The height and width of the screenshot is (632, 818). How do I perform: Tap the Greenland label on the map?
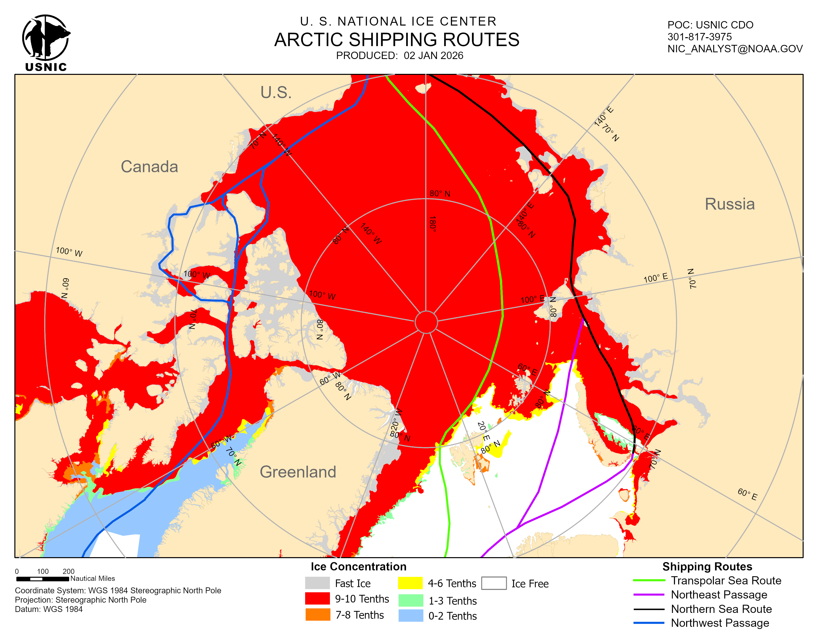coord(298,472)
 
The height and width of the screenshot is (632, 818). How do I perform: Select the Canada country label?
coord(149,167)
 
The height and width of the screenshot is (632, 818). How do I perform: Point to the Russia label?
coord(729,204)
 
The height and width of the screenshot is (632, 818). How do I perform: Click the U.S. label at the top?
coord(276,92)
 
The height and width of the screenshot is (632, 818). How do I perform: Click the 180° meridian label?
coord(433,224)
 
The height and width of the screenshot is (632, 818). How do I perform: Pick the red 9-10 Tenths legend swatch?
coord(317,598)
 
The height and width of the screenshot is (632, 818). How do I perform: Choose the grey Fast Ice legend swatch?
coord(317,583)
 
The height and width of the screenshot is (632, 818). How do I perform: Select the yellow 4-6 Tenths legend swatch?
coord(410,583)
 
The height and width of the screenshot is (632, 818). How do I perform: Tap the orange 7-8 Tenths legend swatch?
coord(317,614)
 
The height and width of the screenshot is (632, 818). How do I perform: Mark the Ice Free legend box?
coord(494,583)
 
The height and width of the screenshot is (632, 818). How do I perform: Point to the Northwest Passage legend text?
coord(720,623)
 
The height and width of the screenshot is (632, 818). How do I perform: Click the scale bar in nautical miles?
coord(43,579)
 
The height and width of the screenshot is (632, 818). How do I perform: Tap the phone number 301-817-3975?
coord(699,37)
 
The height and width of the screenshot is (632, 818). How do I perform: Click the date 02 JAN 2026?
coord(433,56)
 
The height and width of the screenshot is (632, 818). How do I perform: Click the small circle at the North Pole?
coord(426,322)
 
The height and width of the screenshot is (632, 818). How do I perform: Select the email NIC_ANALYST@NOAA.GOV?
coord(735,49)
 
